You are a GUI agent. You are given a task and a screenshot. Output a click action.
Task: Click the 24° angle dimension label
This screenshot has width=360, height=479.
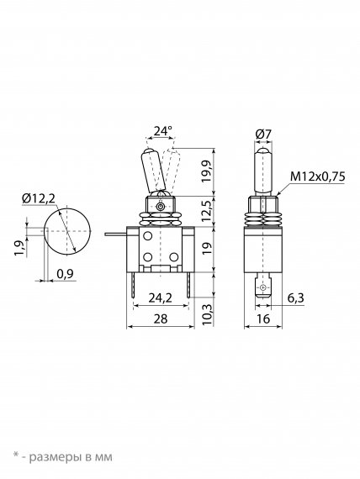click(162, 131)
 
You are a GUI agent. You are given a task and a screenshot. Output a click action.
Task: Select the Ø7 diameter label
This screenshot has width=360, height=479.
click(263, 134)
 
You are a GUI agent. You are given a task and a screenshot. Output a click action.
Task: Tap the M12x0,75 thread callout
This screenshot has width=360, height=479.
click(317, 176)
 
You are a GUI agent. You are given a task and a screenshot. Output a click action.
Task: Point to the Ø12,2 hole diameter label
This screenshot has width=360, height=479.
click(39, 199)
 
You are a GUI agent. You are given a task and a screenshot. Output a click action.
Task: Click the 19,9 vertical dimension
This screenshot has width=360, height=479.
click(208, 171)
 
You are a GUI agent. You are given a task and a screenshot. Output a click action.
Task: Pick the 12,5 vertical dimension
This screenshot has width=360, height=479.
click(208, 212)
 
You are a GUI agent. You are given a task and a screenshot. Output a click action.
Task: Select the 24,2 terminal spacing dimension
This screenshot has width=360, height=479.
click(161, 297)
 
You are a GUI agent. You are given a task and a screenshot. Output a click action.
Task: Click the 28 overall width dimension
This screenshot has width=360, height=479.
click(161, 319)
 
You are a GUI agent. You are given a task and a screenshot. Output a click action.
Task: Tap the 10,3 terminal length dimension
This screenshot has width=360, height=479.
click(208, 315)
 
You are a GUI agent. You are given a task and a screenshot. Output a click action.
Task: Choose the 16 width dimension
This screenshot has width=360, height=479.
click(263, 319)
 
